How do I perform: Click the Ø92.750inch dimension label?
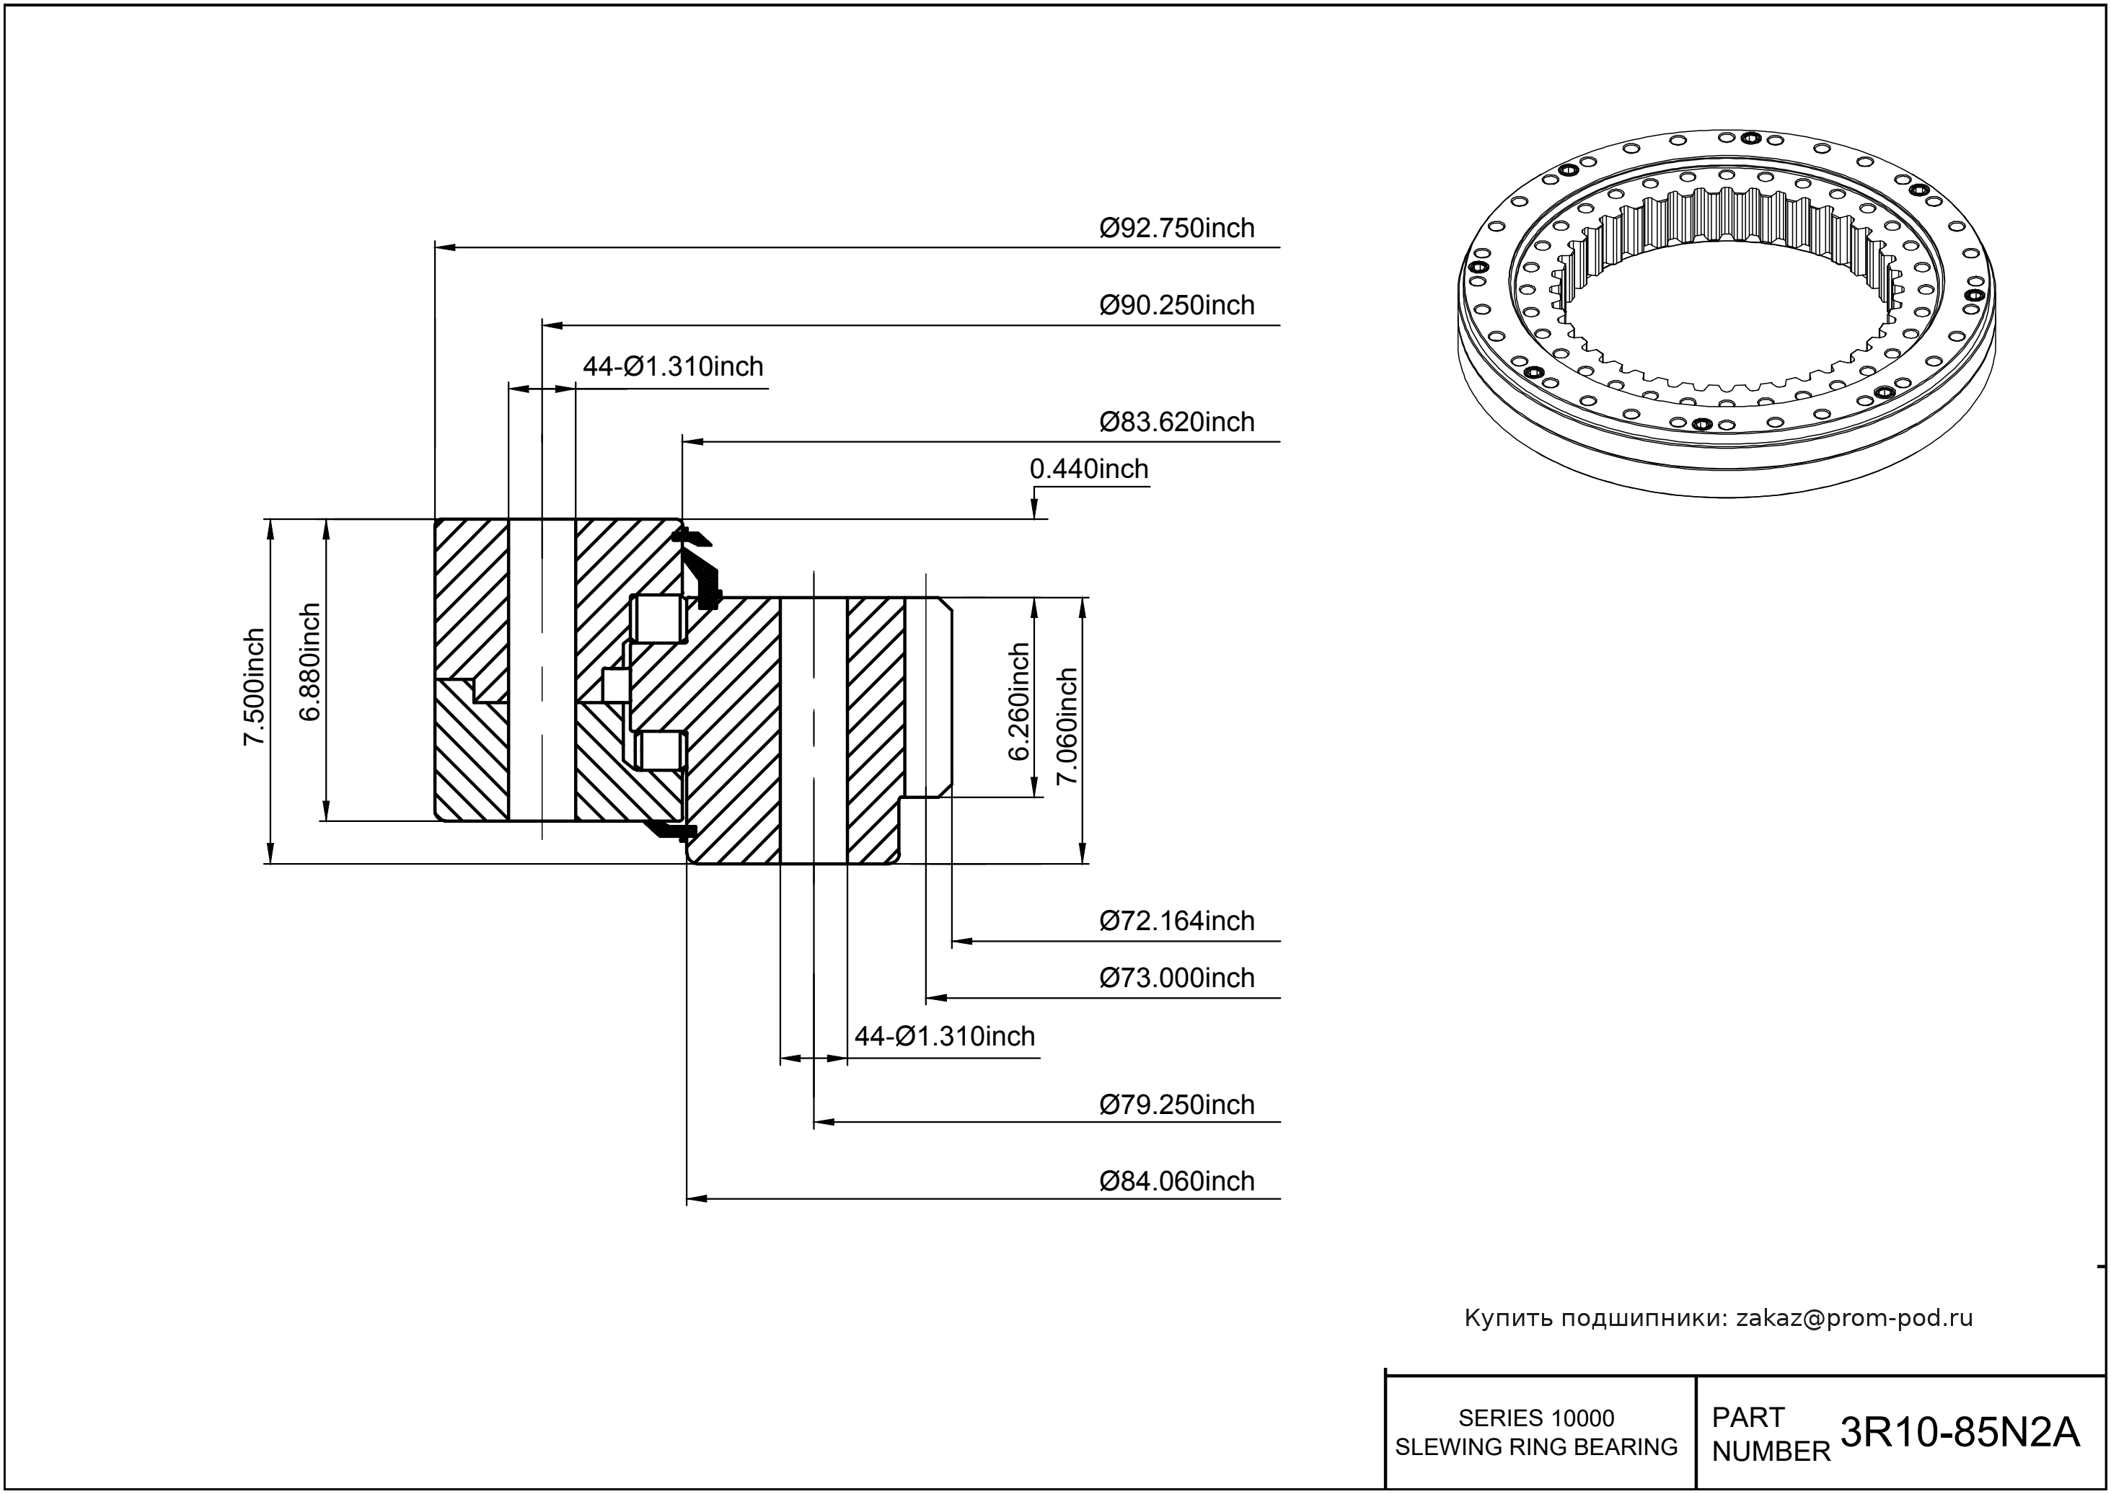[1176, 228]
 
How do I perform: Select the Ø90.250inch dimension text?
[1176, 306]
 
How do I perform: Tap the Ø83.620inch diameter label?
[1176, 423]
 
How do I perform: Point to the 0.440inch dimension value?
[1088, 469]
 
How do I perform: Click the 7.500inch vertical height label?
[254, 687]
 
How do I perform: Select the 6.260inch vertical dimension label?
[1018, 702]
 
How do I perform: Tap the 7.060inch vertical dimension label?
[1067, 726]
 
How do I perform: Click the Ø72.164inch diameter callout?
[1176, 921]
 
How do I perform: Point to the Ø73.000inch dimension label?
[1176, 978]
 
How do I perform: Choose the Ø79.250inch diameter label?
[1176, 1105]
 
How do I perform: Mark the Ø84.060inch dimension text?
[1176, 1181]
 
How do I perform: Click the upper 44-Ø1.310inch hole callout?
[673, 367]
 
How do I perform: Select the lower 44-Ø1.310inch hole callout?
[944, 1037]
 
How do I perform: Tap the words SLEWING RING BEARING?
[1536, 1447]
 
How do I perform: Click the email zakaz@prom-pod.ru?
[1854, 1318]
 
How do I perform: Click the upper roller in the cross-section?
[659, 619]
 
